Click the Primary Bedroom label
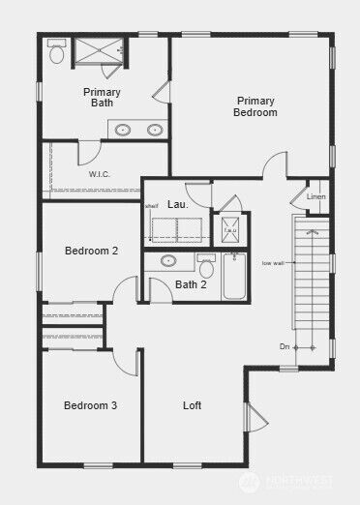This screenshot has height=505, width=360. click(x=255, y=106)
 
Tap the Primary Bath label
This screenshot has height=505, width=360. click(x=102, y=97)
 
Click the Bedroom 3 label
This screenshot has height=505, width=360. click(x=90, y=405)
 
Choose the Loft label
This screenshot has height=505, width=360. click(x=193, y=405)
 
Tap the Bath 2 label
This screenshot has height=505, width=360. click(x=191, y=284)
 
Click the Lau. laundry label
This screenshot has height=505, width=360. click(x=178, y=205)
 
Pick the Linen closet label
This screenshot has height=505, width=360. click(x=316, y=197)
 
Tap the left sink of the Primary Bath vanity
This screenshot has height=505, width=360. click(x=124, y=130)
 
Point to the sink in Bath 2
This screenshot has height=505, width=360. click(x=168, y=260)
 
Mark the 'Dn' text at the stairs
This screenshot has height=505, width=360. click(x=285, y=345)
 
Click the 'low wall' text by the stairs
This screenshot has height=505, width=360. click(x=273, y=263)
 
